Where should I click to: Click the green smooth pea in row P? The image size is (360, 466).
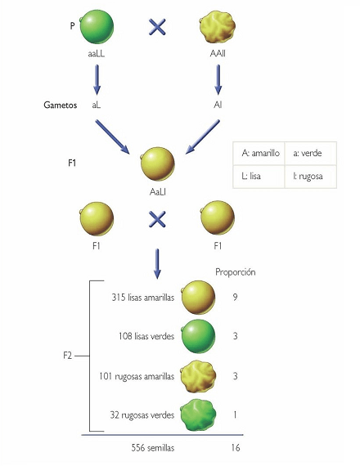[x=97, y=27]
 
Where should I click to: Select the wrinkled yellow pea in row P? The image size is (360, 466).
[x=217, y=27]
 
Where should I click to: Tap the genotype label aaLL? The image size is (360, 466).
[x=97, y=54]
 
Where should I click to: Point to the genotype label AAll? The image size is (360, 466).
[x=218, y=53]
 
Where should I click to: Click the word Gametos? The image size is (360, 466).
[x=61, y=105]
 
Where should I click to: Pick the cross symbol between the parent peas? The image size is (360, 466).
[x=157, y=27]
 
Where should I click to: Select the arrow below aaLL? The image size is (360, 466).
[x=97, y=79]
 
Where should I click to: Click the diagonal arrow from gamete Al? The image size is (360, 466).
[x=203, y=137]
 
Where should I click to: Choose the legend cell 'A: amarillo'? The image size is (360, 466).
[x=259, y=154]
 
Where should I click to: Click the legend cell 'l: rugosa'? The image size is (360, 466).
[x=311, y=177]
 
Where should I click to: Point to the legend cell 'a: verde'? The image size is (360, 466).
[x=311, y=154]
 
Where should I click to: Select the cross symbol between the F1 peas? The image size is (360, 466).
[x=157, y=219]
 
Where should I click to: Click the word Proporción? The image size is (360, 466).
[x=236, y=272]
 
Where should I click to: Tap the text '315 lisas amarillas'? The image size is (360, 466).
[x=143, y=298]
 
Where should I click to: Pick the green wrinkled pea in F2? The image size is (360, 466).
[x=198, y=415]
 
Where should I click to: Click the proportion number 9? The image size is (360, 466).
[x=235, y=298]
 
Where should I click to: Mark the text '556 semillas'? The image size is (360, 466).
[x=153, y=448]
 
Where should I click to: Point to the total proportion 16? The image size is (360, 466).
[x=236, y=448]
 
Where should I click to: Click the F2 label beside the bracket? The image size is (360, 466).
[x=68, y=356]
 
